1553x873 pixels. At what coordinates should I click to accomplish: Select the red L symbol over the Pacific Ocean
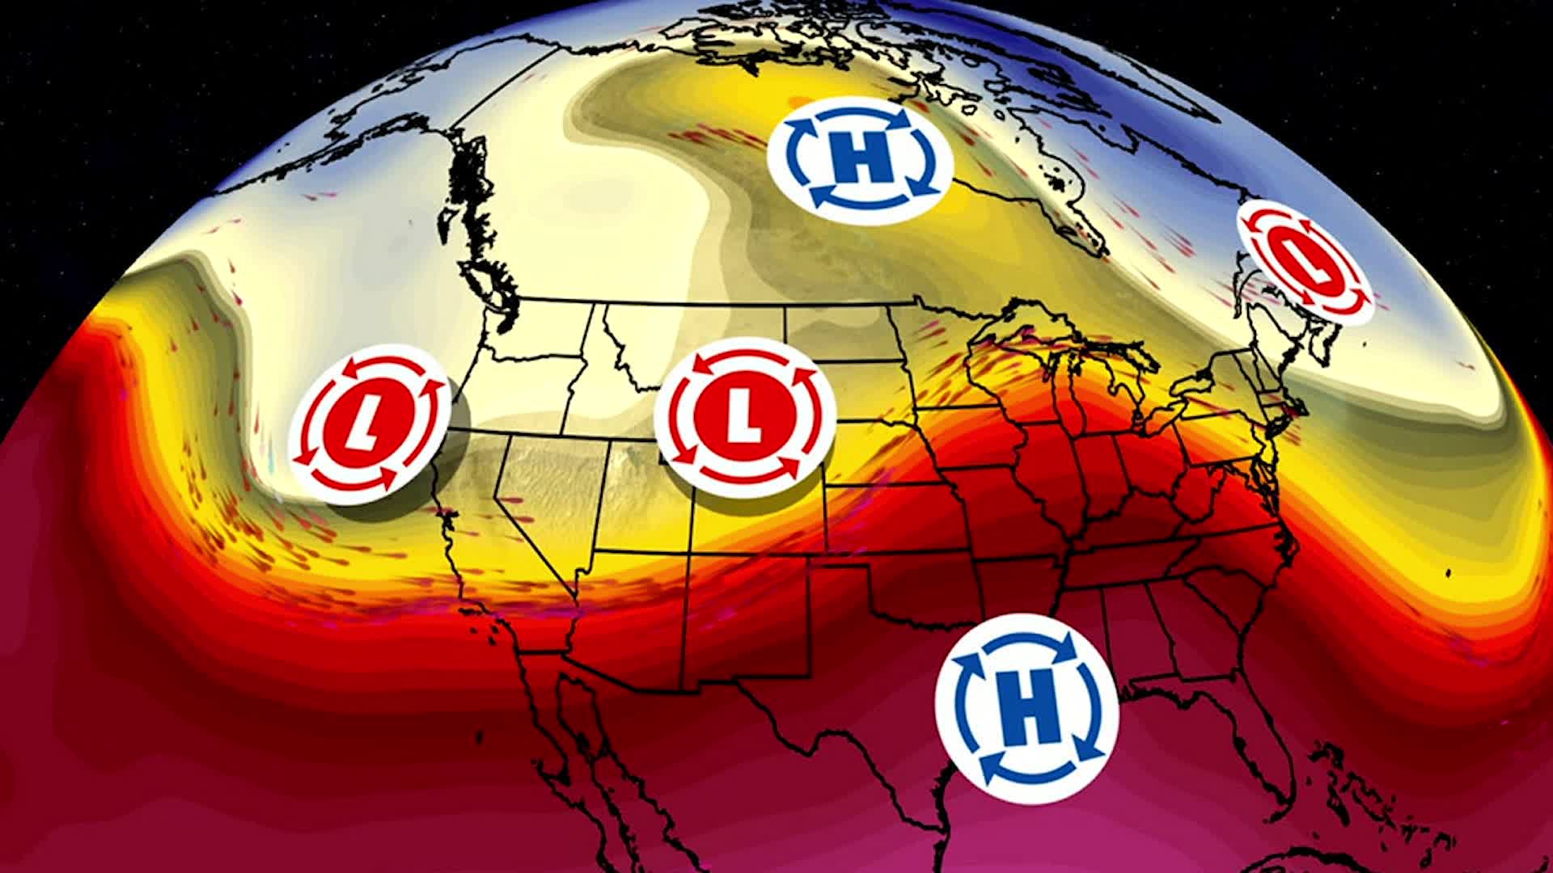[x=369, y=424]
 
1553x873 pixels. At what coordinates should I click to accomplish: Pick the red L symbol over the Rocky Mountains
[x=744, y=417]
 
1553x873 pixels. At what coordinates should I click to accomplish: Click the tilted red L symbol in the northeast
[x=1305, y=264]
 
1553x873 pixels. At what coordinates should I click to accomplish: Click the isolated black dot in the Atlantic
[x=1447, y=574]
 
